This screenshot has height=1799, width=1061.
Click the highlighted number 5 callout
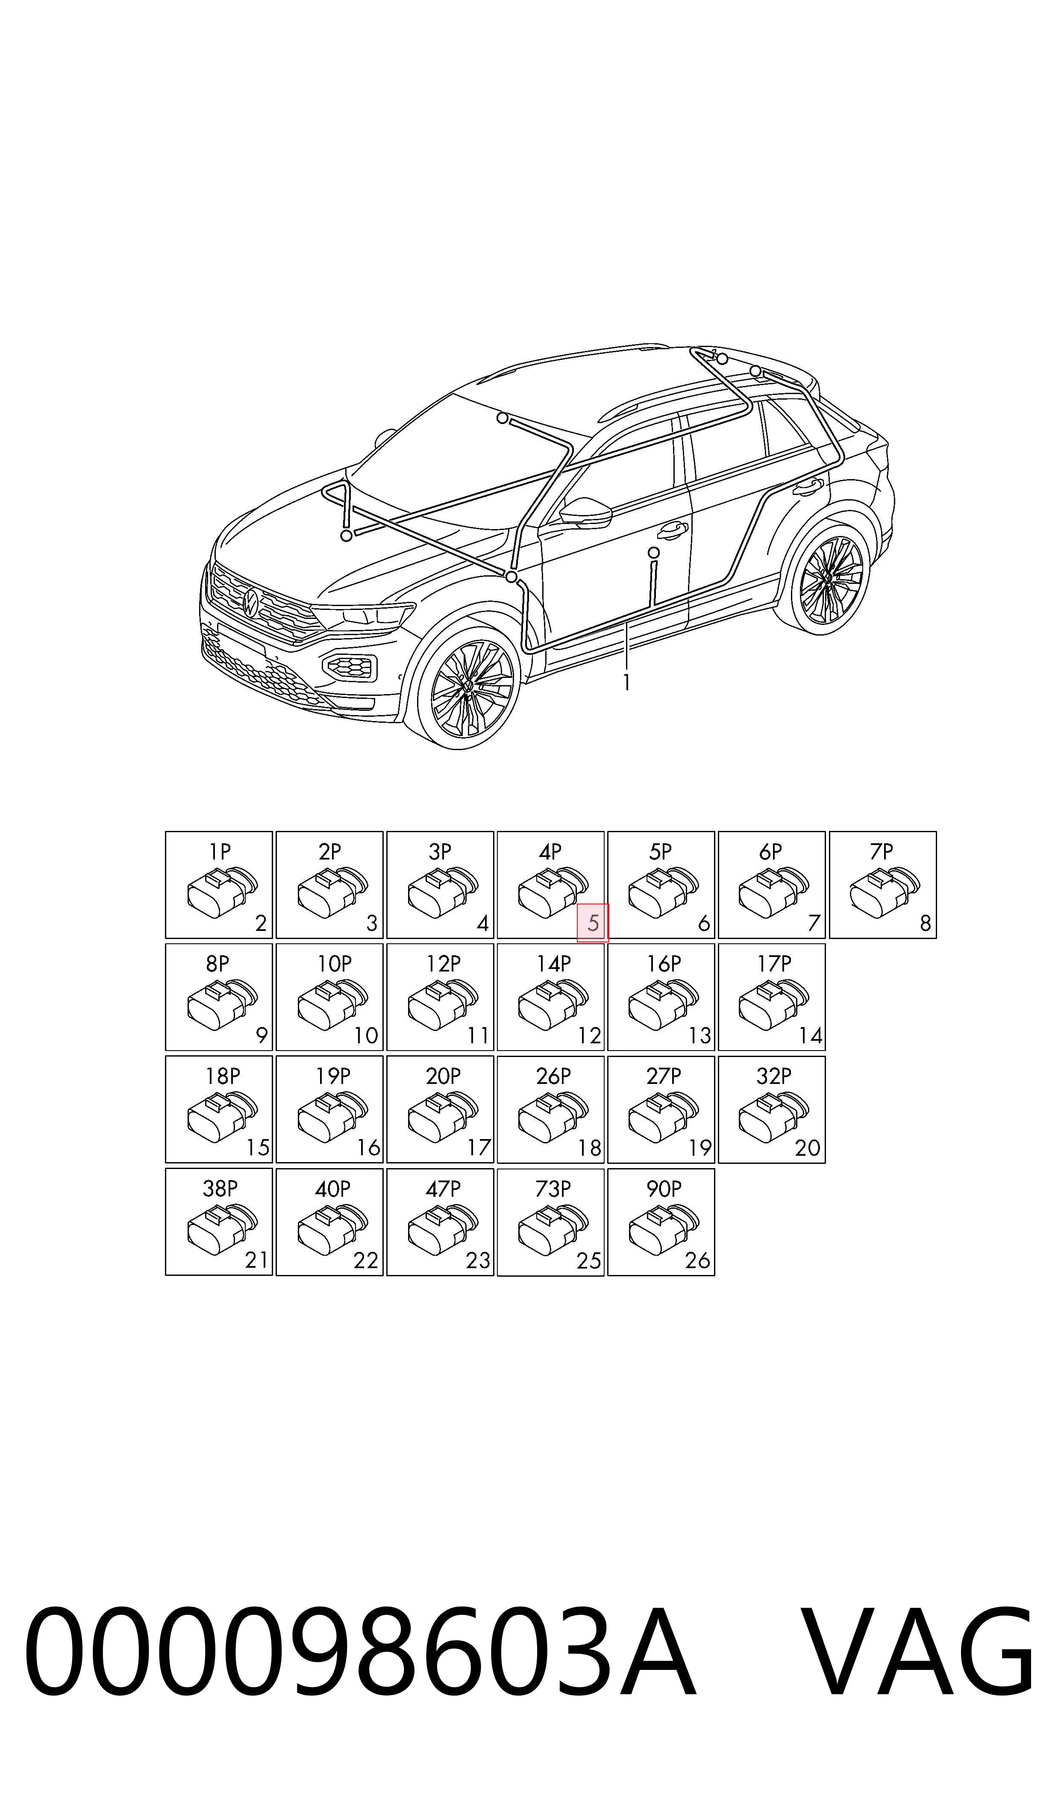point(593,923)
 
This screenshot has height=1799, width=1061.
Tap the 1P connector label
point(220,851)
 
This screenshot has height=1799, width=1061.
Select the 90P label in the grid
point(664,1189)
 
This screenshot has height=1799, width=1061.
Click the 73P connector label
point(553,1189)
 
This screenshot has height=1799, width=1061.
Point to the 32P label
point(773,1076)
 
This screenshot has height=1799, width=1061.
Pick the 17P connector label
point(773,964)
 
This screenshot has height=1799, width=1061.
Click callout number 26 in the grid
point(697,1260)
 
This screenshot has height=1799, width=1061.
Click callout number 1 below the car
point(626,683)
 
